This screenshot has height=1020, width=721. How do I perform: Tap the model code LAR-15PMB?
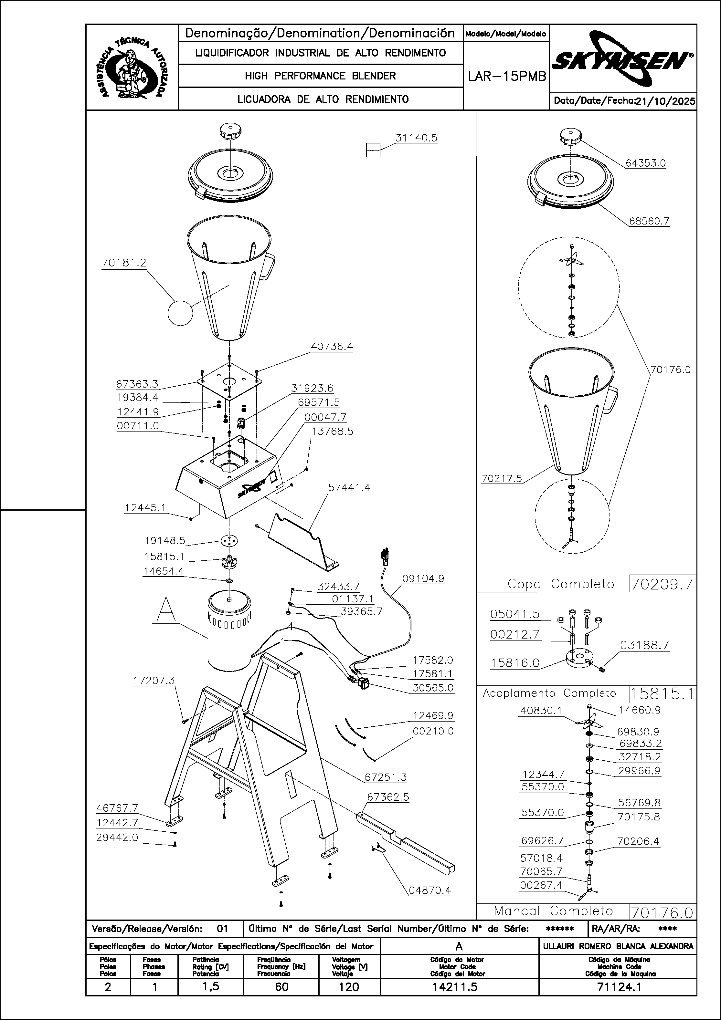507,77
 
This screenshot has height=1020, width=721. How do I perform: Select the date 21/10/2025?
665,101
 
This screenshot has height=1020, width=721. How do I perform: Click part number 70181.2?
124,263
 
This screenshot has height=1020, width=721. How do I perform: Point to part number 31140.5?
416,138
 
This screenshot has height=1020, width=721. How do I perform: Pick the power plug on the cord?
385,556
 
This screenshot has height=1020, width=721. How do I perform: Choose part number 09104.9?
423,579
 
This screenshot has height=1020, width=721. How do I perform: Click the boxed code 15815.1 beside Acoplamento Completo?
662,693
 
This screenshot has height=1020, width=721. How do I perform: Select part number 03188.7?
644,645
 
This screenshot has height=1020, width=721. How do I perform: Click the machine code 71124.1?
618,987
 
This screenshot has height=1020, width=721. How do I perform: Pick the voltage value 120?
349,987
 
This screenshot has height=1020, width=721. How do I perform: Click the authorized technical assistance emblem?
132,68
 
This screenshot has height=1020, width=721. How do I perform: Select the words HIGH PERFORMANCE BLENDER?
320,76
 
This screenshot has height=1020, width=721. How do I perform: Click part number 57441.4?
349,487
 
